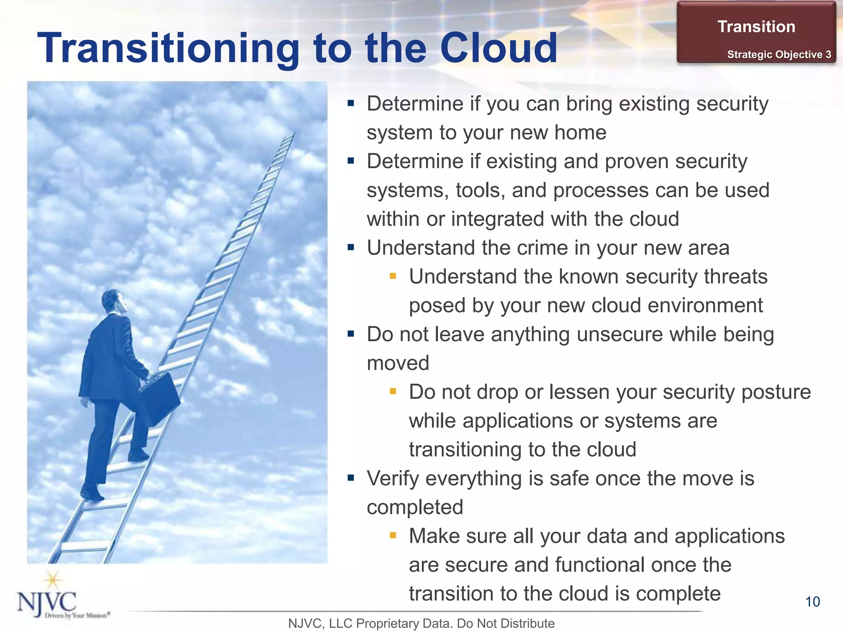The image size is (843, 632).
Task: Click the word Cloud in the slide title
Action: [x=498, y=48]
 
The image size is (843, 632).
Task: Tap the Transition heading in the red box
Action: [x=756, y=27]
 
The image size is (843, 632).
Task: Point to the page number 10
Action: [x=813, y=602]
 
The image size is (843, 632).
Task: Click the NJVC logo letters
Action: [x=47, y=602]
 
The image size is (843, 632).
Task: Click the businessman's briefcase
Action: [x=160, y=398]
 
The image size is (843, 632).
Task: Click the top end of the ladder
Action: [x=293, y=134]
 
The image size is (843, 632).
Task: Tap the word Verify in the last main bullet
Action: [x=393, y=479]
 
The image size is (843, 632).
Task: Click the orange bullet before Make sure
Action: [x=393, y=535]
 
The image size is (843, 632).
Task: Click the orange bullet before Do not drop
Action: [x=393, y=391]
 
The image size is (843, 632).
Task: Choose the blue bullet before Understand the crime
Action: [x=351, y=248]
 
